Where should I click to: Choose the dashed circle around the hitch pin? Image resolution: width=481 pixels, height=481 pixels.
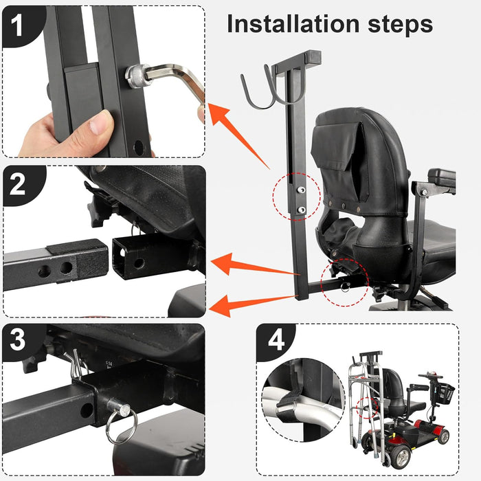tap(344, 282)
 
